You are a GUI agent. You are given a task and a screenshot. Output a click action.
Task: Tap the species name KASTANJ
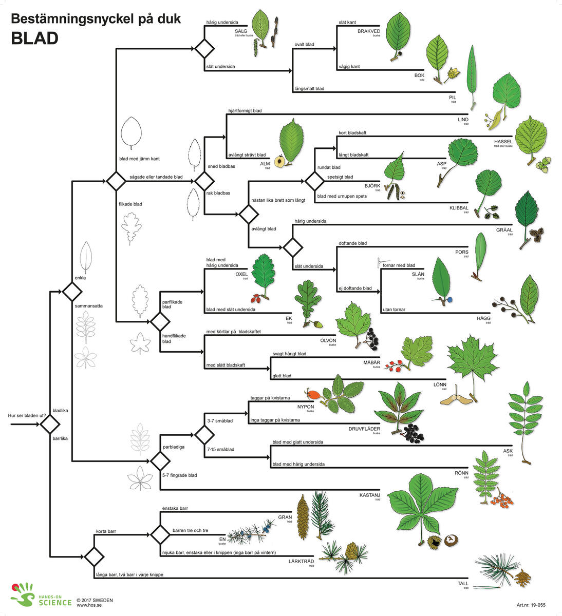point(369,495)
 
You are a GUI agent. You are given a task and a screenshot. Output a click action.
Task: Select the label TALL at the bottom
point(463,584)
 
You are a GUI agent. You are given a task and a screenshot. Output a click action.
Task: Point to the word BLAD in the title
point(34,38)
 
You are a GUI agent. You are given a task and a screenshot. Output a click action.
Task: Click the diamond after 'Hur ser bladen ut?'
point(50,425)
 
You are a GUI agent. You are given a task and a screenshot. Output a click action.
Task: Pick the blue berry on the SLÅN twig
point(450,299)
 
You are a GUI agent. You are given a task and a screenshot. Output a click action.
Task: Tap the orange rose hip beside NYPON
point(314,394)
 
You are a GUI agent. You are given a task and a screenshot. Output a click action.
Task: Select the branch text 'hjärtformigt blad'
point(245,110)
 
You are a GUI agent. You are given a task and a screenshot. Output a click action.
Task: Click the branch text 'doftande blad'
point(353,243)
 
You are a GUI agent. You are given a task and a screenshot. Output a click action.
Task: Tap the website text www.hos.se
point(88,605)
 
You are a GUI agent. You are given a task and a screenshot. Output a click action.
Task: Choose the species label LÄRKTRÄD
point(301,561)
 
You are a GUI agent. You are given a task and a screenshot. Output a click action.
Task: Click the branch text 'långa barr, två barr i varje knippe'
point(129,574)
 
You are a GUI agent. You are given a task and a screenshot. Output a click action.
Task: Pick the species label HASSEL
point(503,141)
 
